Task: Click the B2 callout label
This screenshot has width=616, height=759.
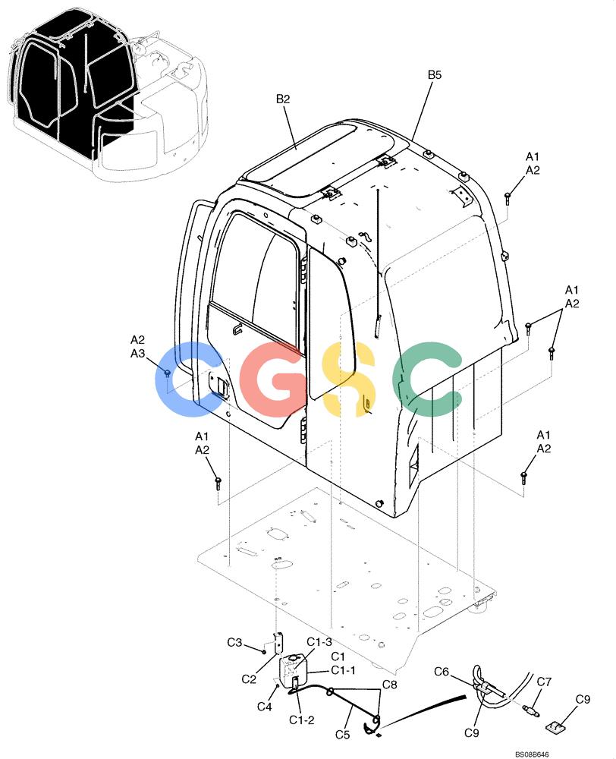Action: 283,99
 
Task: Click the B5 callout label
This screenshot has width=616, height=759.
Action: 435,75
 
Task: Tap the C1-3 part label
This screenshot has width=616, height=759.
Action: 319,642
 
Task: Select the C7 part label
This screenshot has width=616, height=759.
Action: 544,682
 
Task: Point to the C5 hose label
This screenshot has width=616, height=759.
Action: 343,734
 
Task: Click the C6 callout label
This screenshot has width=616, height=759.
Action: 442,672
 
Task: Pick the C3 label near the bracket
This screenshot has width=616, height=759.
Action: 234,642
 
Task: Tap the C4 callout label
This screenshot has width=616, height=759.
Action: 264,707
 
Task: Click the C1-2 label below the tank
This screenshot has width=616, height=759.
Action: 302,720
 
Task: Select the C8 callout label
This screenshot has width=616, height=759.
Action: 389,685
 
